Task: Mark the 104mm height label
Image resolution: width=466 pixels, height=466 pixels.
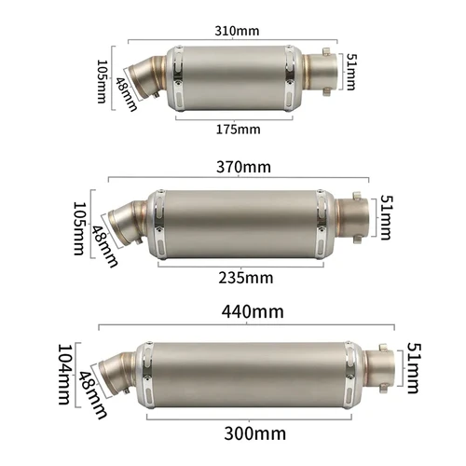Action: coord(63,376)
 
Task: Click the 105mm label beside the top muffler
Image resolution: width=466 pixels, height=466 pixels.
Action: coord(102,82)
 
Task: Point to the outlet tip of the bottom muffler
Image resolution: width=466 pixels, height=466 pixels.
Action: coord(387,370)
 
